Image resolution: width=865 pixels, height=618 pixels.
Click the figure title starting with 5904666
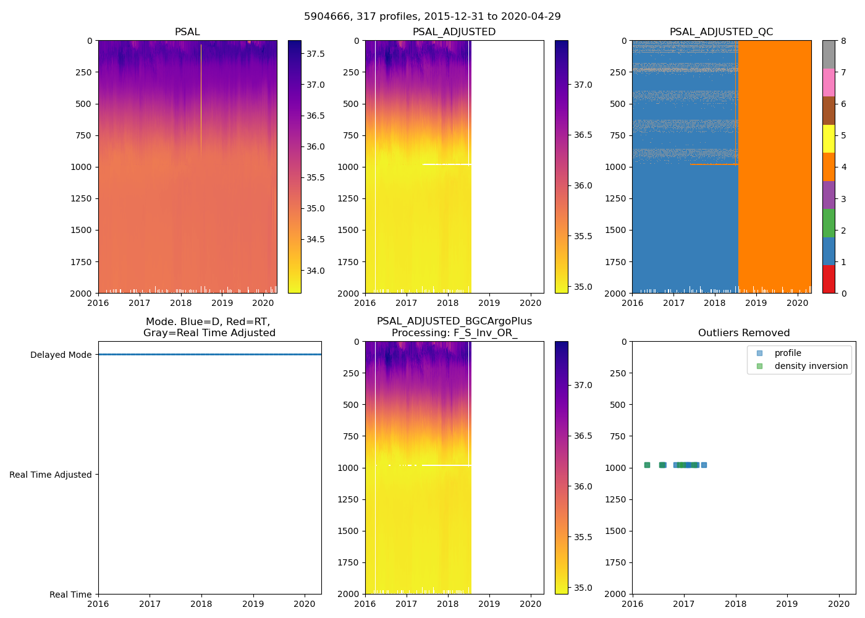(432, 17)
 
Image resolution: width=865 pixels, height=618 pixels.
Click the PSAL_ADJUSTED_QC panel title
(721, 32)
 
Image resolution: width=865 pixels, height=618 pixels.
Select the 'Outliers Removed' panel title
(743, 333)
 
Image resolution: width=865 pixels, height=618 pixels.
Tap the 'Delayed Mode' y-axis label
(61, 355)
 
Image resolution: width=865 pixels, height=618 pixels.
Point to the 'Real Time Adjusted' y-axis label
(50, 475)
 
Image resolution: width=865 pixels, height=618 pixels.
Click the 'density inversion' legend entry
(811, 366)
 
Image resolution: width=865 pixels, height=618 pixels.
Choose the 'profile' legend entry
(788, 353)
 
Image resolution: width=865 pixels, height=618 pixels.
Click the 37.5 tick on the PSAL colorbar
(316, 54)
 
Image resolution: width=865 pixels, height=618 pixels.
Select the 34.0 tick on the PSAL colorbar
(316, 271)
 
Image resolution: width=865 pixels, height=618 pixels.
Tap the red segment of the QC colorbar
(829, 279)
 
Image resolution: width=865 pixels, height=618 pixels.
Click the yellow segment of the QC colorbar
(829, 139)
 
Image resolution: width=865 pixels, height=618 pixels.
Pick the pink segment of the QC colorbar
(829, 83)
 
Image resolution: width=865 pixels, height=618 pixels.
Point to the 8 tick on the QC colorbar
(843, 41)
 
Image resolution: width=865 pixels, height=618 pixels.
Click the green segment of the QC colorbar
(829, 223)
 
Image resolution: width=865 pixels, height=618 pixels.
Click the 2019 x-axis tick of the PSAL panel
(222, 303)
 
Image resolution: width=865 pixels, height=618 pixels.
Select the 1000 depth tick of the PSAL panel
(83, 167)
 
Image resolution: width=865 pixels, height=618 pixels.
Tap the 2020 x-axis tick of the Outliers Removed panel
(838, 604)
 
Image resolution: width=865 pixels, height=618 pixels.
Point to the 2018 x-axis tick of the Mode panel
(201, 604)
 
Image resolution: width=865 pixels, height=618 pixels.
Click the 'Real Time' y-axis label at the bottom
(70, 595)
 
